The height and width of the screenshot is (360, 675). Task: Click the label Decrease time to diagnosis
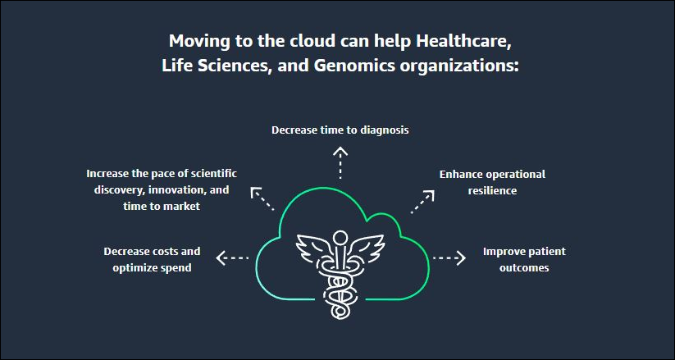tap(340, 130)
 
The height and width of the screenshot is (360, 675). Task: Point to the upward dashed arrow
tap(340, 162)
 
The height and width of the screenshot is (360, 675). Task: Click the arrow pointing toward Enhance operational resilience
tap(422, 202)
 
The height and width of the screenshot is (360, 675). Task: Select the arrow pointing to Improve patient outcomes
tap(449, 258)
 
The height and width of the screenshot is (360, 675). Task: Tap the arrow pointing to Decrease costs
tap(232, 258)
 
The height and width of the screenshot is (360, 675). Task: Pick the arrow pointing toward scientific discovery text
tap(262, 199)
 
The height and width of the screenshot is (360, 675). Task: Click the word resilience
tap(492, 191)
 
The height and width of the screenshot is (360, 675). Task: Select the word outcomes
tap(524, 267)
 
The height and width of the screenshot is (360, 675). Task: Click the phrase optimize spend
tap(152, 267)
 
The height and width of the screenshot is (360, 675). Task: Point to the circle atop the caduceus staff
tap(340, 238)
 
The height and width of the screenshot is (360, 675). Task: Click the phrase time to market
tap(162, 207)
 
